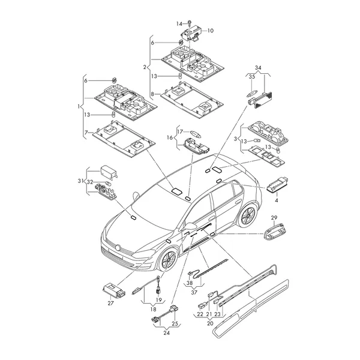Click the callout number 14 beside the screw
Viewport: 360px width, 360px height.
coord(179,23)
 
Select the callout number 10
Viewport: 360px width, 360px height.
coord(211,31)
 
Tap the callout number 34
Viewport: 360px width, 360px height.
coord(258,68)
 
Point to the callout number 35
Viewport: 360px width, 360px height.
coord(252,77)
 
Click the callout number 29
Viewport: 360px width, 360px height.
coord(274,217)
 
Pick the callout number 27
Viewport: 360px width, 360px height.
coord(110,303)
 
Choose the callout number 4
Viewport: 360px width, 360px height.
coord(277,200)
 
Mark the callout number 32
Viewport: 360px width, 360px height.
coord(90,182)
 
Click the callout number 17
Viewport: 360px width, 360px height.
coord(180,132)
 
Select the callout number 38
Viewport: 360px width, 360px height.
coord(190,283)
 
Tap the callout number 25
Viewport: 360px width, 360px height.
coord(175,324)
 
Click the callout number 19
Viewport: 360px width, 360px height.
coord(159,300)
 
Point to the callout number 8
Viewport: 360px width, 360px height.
coord(152,94)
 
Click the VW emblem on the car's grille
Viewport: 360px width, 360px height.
coord(118,248)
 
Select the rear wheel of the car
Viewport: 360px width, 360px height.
coord(247,215)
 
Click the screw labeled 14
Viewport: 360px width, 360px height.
coord(189,23)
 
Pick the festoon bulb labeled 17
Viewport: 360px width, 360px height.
coord(196,133)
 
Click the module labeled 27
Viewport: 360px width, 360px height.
coord(114,290)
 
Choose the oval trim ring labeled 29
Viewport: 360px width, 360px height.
coord(266,239)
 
